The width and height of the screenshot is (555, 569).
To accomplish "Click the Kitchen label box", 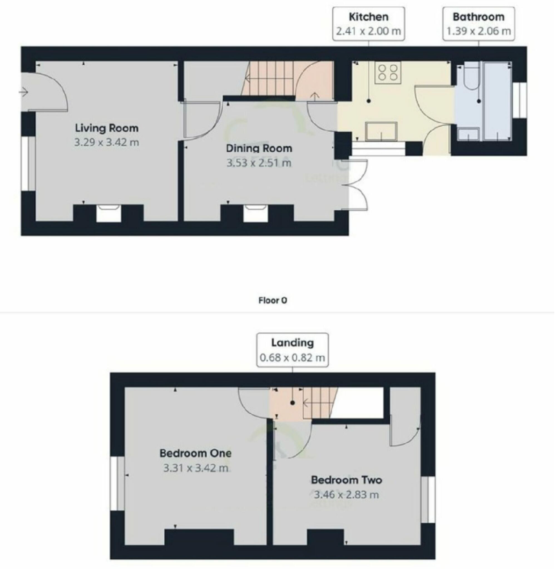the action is [369, 24].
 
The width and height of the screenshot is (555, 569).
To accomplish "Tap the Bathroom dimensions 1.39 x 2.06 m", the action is [479, 31].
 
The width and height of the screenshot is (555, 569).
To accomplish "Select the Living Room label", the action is [107, 128].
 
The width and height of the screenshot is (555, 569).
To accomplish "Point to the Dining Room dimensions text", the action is [259, 163].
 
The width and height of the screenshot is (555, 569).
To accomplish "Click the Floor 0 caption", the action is [273, 300].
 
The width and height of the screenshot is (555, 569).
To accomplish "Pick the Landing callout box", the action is [292, 350].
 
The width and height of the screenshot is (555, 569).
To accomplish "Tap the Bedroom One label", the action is [195, 453].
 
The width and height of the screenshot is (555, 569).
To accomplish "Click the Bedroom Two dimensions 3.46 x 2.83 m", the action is [346, 495].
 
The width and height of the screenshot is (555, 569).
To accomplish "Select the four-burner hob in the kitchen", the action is [388, 72].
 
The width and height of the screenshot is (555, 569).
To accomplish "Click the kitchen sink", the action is [381, 131].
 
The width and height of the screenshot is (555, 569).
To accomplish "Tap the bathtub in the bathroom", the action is [497, 102].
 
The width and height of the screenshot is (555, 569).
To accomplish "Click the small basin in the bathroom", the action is [469, 134].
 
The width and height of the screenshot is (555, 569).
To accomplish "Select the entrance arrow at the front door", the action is [24, 92].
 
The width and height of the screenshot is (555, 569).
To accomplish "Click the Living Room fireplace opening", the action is [108, 213].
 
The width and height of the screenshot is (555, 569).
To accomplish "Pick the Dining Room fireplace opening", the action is [256, 213].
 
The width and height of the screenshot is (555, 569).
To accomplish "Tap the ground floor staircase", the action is [272, 79].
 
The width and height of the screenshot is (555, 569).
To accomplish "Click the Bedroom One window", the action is [118, 483].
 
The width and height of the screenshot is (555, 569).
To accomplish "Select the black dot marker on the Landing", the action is [292, 403].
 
